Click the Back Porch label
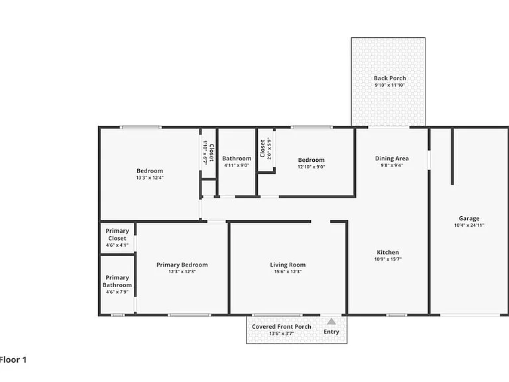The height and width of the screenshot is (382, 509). [x=390, y=78]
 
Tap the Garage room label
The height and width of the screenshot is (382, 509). [x=469, y=218]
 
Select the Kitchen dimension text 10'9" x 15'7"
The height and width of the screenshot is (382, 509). [x=388, y=259]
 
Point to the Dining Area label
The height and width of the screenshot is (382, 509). [x=392, y=159]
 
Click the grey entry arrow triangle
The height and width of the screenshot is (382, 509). [x=331, y=322]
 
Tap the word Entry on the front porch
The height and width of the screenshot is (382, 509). [x=331, y=332]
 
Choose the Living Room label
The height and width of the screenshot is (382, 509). [x=288, y=265]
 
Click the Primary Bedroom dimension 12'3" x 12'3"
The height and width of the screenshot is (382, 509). [x=182, y=271]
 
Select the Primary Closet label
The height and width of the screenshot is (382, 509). [x=117, y=234]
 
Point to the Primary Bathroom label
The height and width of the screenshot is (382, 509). [x=117, y=281]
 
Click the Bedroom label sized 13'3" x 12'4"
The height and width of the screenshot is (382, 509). [x=150, y=171]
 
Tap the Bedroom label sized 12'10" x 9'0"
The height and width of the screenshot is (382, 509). [x=311, y=160]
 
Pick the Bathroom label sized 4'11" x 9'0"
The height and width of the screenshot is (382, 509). [x=237, y=159]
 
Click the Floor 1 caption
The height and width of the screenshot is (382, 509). [x=13, y=359]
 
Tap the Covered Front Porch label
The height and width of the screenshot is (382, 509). [x=282, y=327]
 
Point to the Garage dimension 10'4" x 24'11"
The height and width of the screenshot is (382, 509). [x=469, y=225]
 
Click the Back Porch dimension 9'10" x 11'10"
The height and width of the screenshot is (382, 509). [x=390, y=85]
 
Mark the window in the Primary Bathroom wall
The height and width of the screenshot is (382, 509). [x=117, y=315]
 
